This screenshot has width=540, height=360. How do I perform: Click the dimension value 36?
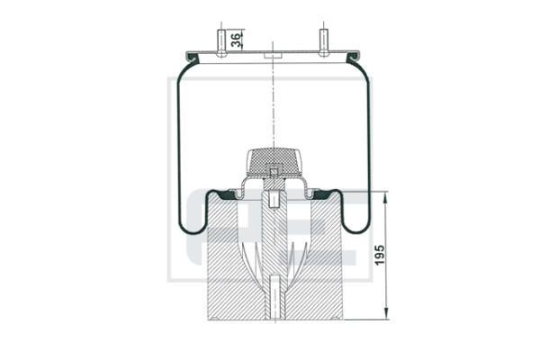pyautogui.click(x=236, y=40)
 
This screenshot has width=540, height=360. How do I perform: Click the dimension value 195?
pyautogui.click(x=379, y=255)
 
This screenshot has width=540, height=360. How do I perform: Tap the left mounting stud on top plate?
pyautogui.click(x=221, y=43)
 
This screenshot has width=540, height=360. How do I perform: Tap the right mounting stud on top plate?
pyautogui.click(x=323, y=42)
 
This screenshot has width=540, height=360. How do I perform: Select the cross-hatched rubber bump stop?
pyautogui.click(x=274, y=161)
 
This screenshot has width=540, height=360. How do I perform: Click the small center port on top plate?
pyautogui.click(x=273, y=56)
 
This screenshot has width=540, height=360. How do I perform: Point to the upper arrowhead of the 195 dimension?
pyautogui.click(x=386, y=196)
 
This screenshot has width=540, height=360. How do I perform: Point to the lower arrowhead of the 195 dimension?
pyautogui.click(x=386, y=314)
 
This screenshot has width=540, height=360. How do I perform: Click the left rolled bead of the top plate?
pyautogui.click(x=193, y=58)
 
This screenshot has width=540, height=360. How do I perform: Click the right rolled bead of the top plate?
pyautogui.click(x=354, y=58)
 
